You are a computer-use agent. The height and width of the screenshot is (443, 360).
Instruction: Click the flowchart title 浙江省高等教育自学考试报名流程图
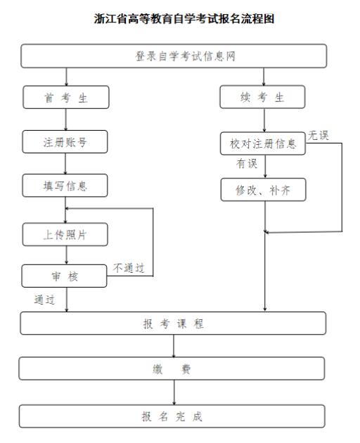[180, 19]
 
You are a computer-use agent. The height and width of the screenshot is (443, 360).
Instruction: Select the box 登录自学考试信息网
[174, 56]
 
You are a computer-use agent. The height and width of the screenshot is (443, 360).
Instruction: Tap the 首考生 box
[66, 98]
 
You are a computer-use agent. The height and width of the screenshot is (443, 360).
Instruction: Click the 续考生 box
[262, 98]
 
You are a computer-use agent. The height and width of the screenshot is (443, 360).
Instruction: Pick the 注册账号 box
[65, 142]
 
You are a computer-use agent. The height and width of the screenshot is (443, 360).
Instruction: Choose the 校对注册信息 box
[262, 143]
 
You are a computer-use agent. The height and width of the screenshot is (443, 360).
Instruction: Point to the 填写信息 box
[65, 186]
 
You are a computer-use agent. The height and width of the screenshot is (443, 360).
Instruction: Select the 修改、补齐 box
[263, 189]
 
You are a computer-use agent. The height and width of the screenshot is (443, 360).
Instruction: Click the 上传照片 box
[65, 234]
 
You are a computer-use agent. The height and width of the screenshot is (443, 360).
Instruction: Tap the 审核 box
[64, 276]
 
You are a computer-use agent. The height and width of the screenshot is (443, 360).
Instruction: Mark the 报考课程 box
[173, 323]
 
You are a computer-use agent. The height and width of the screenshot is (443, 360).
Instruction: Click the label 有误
[247, 164]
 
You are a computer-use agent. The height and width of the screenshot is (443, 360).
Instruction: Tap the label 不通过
[129, 268]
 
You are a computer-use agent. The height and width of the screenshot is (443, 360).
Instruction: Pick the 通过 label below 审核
[44, 299]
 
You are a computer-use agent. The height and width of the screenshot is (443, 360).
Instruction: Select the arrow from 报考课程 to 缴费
[174, 346]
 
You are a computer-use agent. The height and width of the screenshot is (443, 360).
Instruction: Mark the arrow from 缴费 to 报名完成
[174, 392]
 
